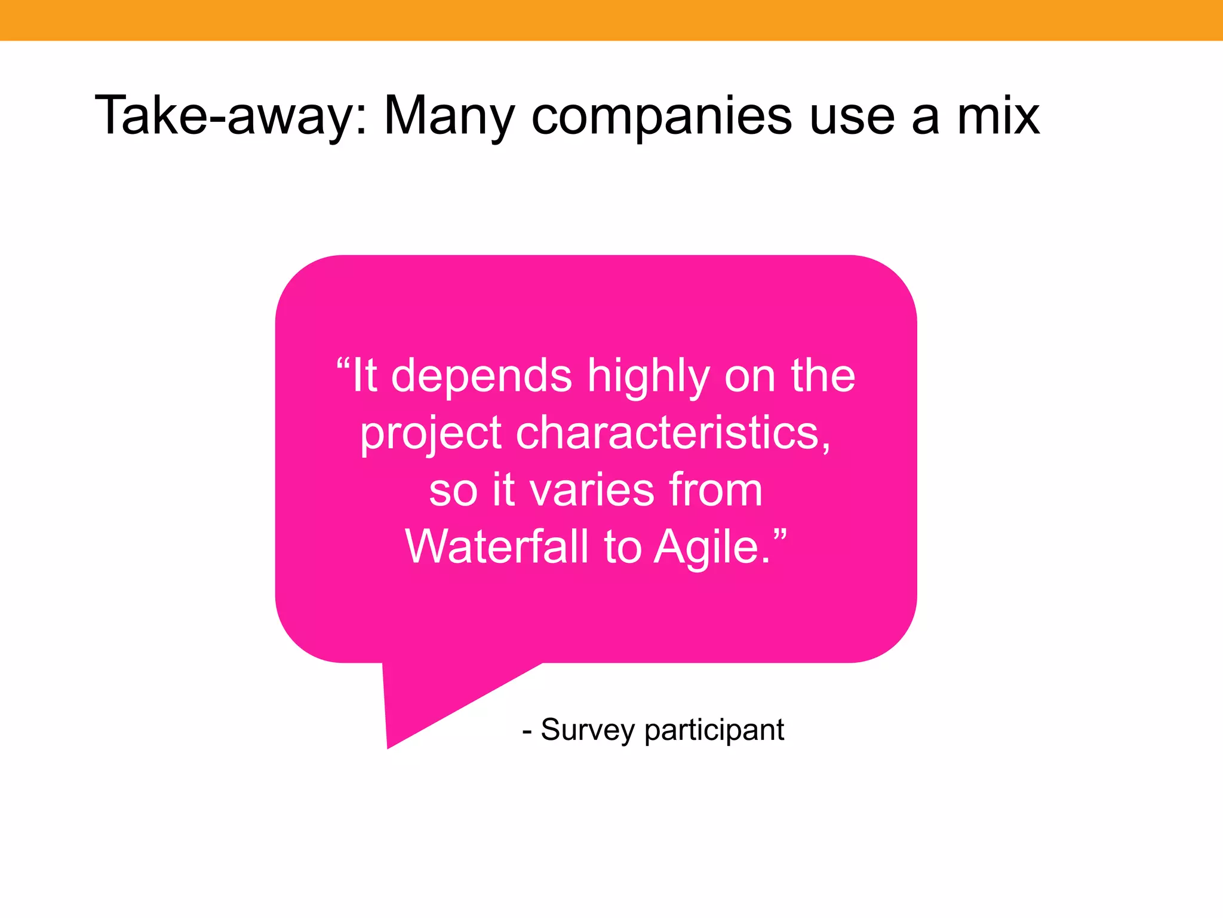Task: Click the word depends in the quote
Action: [481, 377]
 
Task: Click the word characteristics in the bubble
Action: [673, 433]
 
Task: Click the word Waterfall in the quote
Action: [497, 546]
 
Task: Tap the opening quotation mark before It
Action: [343, 362]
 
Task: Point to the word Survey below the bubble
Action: [588, 730]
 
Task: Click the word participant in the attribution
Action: [714, 730]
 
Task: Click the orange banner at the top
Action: [611, 20]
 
